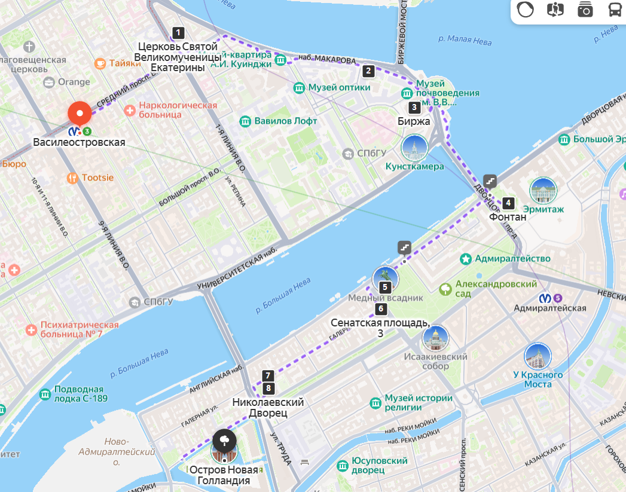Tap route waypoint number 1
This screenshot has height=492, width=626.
pyautogui.click(x=178, y=33)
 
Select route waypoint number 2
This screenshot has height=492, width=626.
pyautogui.click(x=369, y=71)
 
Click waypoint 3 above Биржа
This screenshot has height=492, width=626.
pyautogui.click(x=414, y=108)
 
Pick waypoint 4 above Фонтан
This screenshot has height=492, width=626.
pyautogui.click(x=508, y=203)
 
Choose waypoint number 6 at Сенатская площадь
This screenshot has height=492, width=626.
pyautogui.click(x=380, y=309)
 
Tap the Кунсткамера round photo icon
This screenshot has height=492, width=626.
pyautogui.click(x=414, y=148)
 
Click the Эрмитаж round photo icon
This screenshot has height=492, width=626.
pyautogui.click(x=543, y=191)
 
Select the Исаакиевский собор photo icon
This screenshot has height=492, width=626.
pyautogui.click(x=435, y=339)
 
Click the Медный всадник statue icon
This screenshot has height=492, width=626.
pyautogui.click(x=385, y=279)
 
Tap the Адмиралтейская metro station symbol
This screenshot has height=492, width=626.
pyautogui.click(x=546, y=297)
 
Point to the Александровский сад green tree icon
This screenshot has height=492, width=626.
pyautogui.click(x=445, y=290)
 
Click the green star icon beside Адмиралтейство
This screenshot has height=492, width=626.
pyautogui.click(x=465, y=259)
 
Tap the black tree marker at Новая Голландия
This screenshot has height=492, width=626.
pyautogui.click(x=224, y=441)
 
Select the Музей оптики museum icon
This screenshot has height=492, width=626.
pyautogui.click(x=299, y=88)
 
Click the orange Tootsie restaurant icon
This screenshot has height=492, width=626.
pyautogui.click(x=72, y=178)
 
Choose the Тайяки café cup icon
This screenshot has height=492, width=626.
pyautogui.click(x=100, y=63)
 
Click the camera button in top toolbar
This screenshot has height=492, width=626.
pyautogui.click(x=585, y=10)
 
